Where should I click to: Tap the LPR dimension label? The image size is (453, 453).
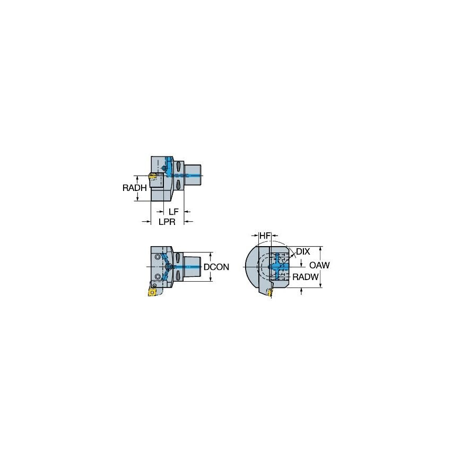click(167, 222)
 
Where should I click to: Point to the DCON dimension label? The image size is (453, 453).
click(216, 267)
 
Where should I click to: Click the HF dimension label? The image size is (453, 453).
click(264, 235)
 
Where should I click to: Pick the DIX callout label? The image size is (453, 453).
click(303, 251)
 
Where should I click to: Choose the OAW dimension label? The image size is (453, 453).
click(319, 265)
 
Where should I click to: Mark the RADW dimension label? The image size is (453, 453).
click(306, 276)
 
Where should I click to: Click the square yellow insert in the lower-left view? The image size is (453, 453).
click(152, 291)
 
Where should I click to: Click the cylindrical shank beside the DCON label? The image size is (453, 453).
click(193, 266)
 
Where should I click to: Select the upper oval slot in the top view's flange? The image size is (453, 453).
click(179, 168)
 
